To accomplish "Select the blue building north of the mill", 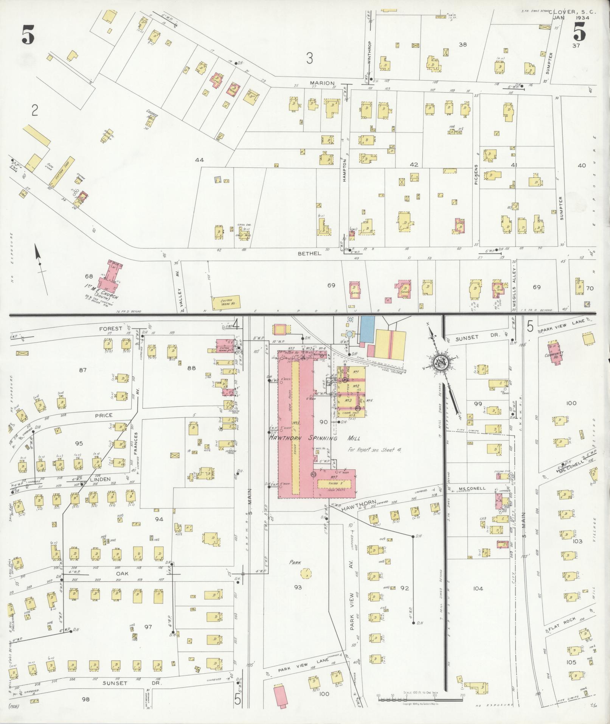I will click(367, 329).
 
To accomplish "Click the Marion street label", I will click(322, 83).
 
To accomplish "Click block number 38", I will click(463, 45).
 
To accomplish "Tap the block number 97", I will click(148, 627).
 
